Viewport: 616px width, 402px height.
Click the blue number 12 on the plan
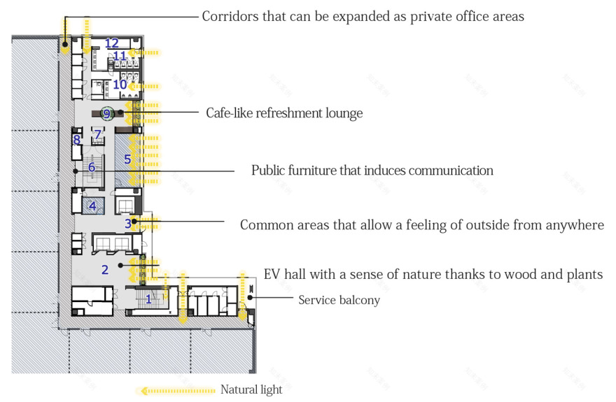112,43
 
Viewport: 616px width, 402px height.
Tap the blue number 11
120,56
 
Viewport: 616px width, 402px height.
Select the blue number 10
120,85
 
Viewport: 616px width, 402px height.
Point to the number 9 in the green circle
106,113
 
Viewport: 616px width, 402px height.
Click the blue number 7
98,133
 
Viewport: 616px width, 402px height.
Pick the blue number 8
76,140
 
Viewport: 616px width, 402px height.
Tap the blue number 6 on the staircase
91,168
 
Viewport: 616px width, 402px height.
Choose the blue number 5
127,159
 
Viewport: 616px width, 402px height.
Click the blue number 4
92,206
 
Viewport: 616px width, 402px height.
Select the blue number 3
128,224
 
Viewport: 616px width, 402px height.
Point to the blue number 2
105,270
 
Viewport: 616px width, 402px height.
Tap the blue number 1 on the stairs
148,299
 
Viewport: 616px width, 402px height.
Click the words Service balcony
339,301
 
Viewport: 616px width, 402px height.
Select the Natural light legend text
251,390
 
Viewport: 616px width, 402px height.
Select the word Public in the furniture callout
269,171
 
